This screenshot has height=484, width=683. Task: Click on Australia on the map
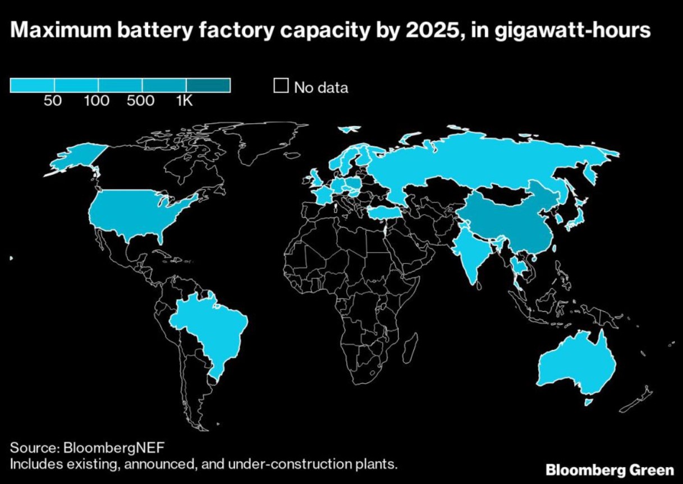click(578, 365)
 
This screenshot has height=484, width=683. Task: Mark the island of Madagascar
click(411, 345)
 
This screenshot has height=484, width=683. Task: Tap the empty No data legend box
click(281, 87)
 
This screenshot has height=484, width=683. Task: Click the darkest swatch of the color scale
click(208, 85)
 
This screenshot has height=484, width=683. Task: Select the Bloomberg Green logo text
click(610, 469)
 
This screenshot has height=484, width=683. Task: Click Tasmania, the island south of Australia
click(588, 402)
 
